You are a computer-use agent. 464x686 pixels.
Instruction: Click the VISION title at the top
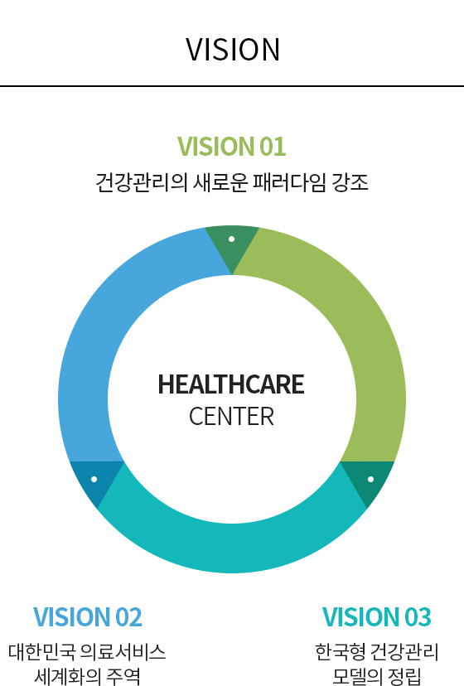pos(233,50)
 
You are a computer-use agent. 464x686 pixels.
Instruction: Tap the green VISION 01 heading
pos(231,146)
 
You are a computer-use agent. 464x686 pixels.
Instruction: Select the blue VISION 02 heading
pos(88,617)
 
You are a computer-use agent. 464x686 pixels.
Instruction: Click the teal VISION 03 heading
pos(376,617)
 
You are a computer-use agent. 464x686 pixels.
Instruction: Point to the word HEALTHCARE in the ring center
pos(231,384)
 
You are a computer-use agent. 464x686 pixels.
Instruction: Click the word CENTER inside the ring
pos(231,416)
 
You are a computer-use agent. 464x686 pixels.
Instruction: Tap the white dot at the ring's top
pos(231,239)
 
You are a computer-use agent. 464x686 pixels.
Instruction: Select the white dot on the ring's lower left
pos(94,479)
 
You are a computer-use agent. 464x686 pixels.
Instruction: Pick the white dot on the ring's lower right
pos(370,479)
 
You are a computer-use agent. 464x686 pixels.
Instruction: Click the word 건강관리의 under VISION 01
pos(142,182)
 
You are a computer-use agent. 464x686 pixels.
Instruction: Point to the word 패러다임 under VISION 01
pos(289,182)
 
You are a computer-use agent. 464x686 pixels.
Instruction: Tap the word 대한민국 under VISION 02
pos(41,651)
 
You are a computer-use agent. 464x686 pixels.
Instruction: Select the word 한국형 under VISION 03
pos(340,651)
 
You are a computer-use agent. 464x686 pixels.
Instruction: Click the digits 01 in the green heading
pos(273,146)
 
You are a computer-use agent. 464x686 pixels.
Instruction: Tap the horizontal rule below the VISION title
pos(232,86)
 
